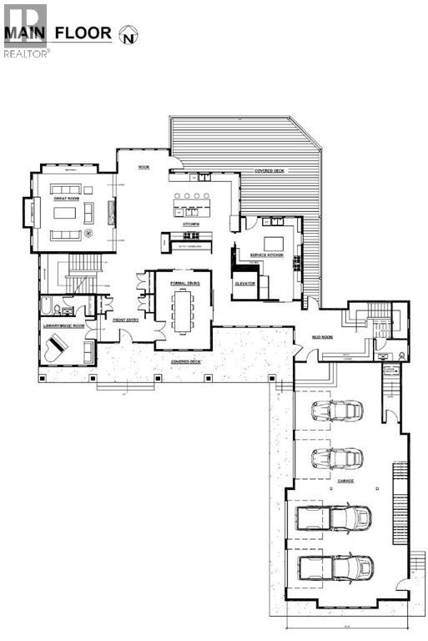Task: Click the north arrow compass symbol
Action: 128,34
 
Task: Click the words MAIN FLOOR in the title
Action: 58,34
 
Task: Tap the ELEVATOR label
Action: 245,283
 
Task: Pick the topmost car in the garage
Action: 337,411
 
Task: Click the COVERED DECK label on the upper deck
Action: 268,170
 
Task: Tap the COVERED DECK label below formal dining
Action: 185,361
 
